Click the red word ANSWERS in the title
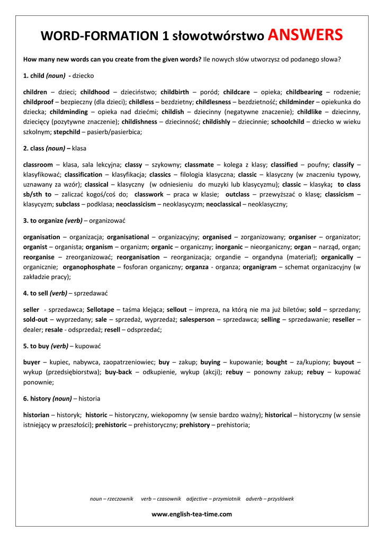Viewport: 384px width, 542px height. (305, 35)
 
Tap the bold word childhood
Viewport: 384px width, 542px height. (95, 92)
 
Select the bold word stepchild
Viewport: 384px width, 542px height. (67, 132)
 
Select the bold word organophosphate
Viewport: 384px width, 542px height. (89, 267)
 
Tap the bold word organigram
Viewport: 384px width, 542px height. (260, 267)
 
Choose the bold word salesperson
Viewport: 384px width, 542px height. (197, 320)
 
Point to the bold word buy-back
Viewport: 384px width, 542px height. (119, 373)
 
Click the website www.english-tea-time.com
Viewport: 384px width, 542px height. (192, 514)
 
